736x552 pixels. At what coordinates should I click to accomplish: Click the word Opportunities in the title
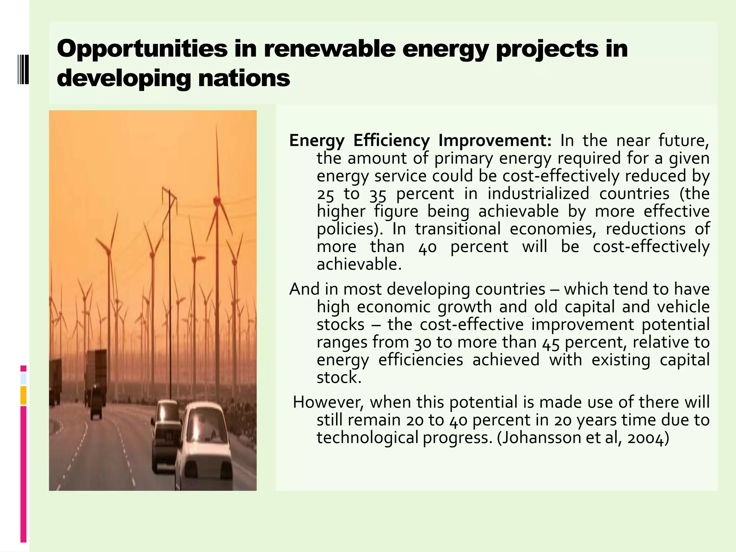(x=142, y=49)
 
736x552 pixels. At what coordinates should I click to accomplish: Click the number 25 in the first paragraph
(x=325, y=194)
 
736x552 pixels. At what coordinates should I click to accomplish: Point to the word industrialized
(x=538, y=194)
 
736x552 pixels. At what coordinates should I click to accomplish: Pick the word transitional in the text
(x=457, y=229)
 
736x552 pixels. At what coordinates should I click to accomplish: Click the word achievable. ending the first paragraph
(x=359, y=264)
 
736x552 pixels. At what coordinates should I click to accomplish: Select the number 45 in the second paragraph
(x=551, y=342)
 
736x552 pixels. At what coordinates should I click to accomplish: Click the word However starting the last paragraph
(x=328, y=402)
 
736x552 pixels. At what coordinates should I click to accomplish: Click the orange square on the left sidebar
(x=23, y=395)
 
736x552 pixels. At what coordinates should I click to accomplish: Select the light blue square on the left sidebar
(x=23, y=379)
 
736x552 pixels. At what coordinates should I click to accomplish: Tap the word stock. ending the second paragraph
(x=339, y=378)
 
